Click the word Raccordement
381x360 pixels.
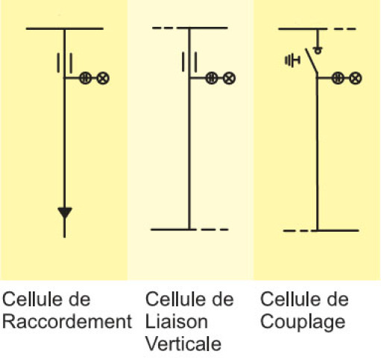coord(67,321)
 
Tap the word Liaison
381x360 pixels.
coord(176,321)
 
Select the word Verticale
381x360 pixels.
coord(183,344)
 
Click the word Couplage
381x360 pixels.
coord(303,322)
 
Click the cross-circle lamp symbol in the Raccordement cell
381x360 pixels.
coord(103,78)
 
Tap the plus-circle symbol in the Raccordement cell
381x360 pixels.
coord(86,78)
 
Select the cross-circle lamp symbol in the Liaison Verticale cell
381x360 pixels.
coord(229,78)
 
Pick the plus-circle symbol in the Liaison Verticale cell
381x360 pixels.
coord(212,78)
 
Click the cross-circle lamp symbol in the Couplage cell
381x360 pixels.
coord(356,78)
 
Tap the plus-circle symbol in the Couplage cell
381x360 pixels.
coord(338,78)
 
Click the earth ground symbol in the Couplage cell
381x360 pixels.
coord(292,60)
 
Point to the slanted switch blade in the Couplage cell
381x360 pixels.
coord(312,60)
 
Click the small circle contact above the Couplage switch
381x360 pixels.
coord(318,51)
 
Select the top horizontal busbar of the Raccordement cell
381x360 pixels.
coord(65,29)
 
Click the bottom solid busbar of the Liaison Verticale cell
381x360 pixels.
coord(174,230)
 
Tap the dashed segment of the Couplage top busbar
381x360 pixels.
coord(344,29)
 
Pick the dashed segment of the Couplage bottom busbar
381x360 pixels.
coord(296,231)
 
